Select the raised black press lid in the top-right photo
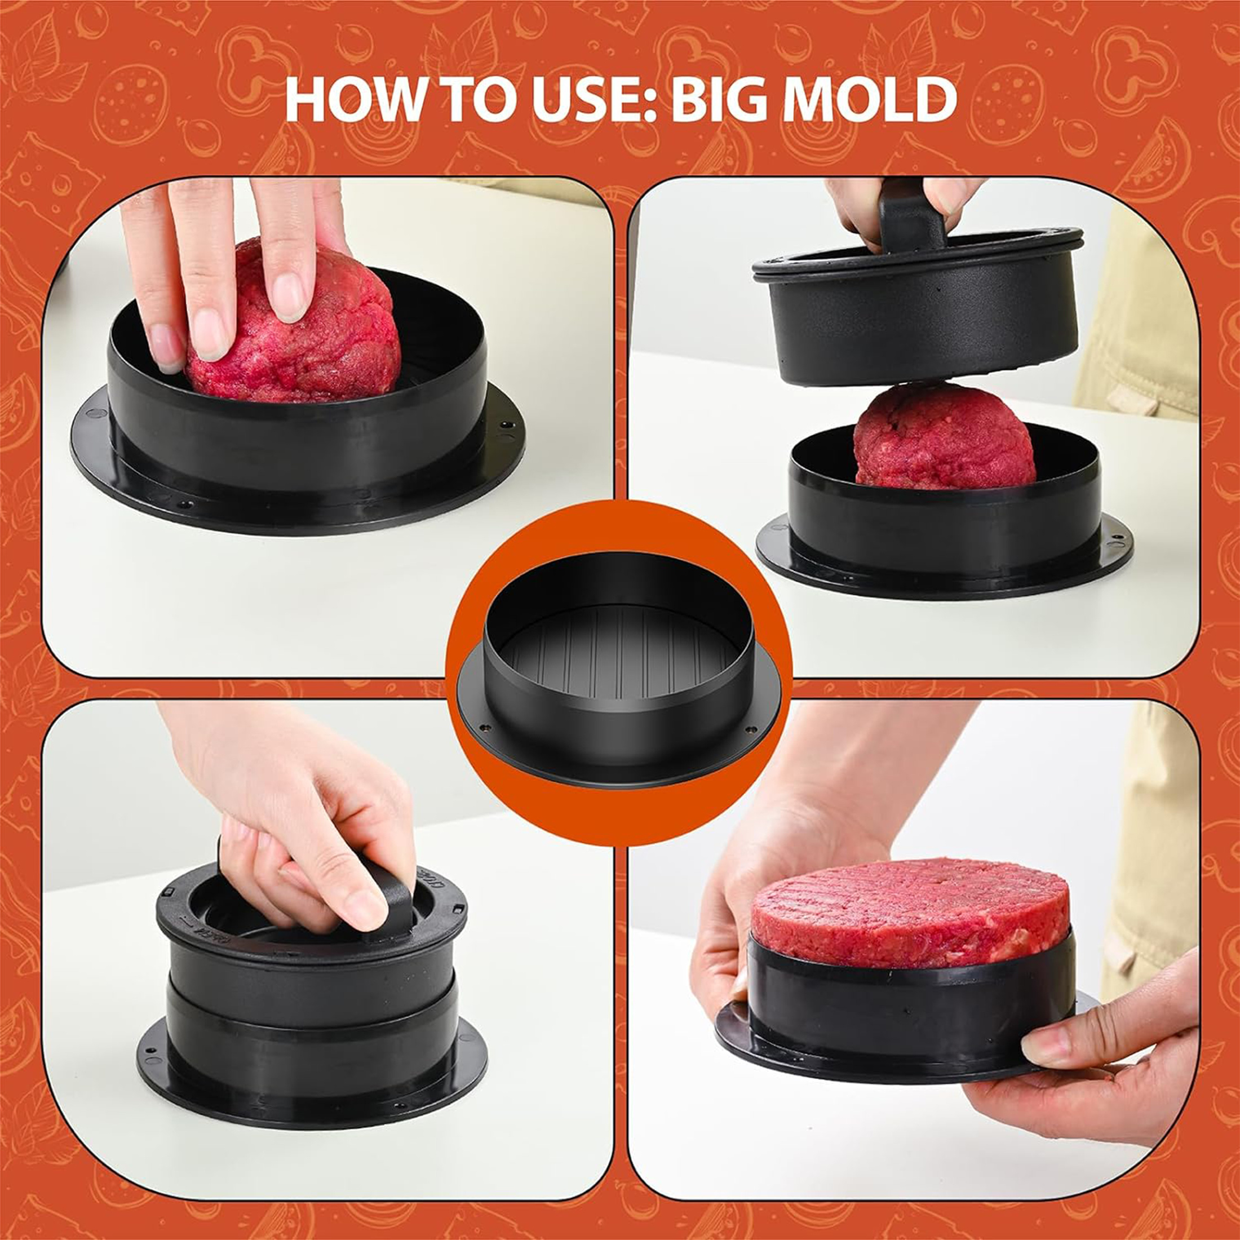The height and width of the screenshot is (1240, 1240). coord(918,308)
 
